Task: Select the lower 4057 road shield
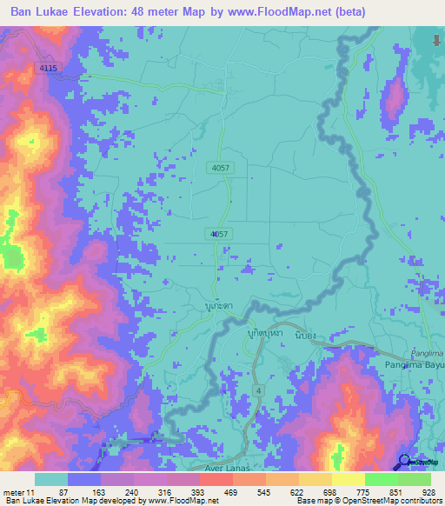click(218, 234)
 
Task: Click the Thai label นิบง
click(305, 334)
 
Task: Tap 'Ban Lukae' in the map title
click(41, 12)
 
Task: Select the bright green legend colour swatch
click(381, 479)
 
